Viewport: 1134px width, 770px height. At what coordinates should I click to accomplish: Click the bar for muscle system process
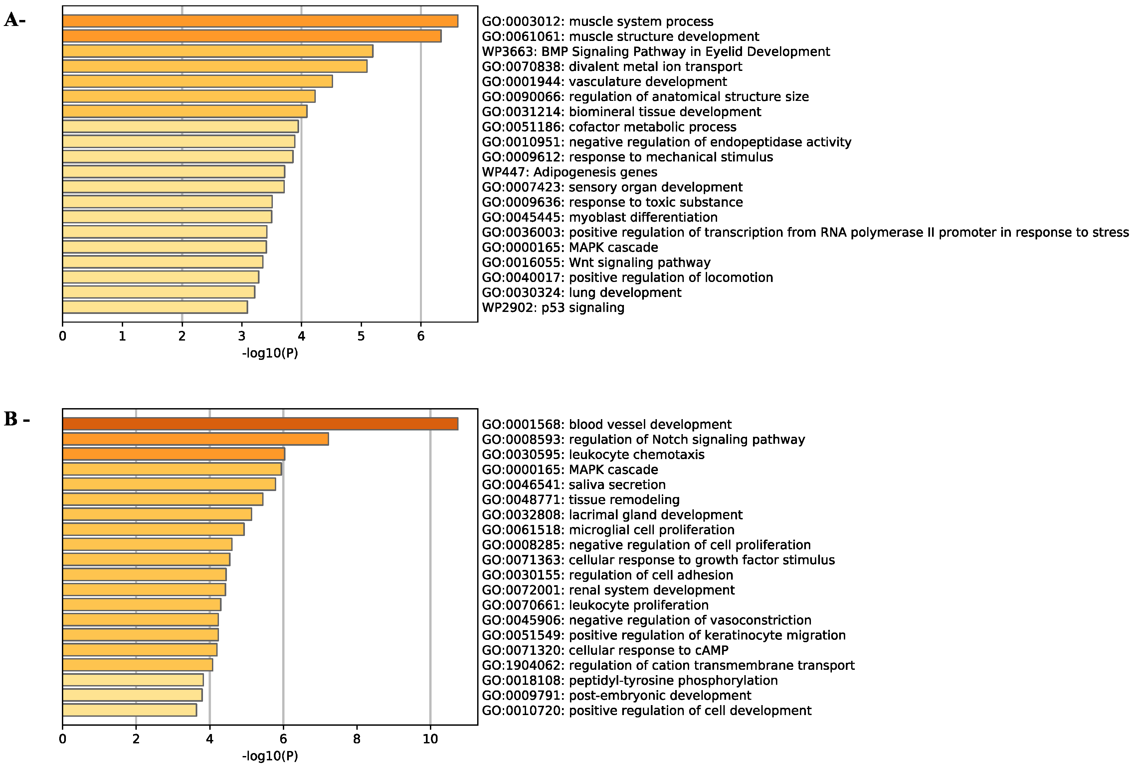tap(260, 21)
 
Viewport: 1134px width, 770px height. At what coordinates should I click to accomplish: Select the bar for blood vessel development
tap(260, 424)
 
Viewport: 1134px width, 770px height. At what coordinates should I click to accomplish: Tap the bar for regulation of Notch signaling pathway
tap(195, 439)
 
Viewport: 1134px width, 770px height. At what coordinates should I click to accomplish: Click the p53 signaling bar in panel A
tap(155, 307)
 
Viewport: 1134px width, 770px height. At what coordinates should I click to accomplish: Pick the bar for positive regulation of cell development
tap(129, 710)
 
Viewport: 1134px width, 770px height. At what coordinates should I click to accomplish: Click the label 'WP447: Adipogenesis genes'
tap(569, 172)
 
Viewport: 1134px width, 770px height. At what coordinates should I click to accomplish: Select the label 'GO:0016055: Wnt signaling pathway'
tap(596, 262)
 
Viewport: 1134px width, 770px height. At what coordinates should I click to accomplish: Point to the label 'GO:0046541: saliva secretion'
tap(573, 484)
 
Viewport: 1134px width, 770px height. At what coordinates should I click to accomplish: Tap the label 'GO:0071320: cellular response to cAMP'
tap(605, 650)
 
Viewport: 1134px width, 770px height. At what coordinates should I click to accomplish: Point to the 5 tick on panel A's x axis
tap(361, 336)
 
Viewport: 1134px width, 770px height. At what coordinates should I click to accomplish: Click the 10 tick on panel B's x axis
tap(430, 739)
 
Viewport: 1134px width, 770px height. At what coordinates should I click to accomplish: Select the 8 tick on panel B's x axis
tap(357, 739)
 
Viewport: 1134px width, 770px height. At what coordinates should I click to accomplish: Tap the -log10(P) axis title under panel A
tap(270, 353)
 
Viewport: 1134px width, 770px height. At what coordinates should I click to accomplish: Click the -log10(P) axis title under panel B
tap(270, 756)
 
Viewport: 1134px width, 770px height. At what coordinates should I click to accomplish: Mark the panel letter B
tap(11, 419)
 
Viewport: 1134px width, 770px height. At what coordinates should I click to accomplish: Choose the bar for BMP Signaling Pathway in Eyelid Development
tap(218, 51)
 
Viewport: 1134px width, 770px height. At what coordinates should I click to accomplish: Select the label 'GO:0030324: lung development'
tap(581, 293)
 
